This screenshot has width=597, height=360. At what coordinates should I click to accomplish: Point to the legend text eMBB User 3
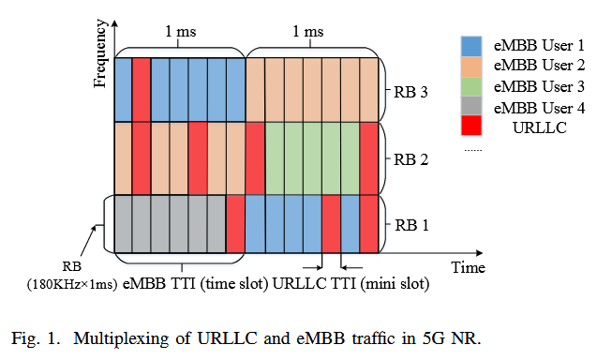538,86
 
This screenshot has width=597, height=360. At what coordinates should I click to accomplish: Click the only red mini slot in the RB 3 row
142,89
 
